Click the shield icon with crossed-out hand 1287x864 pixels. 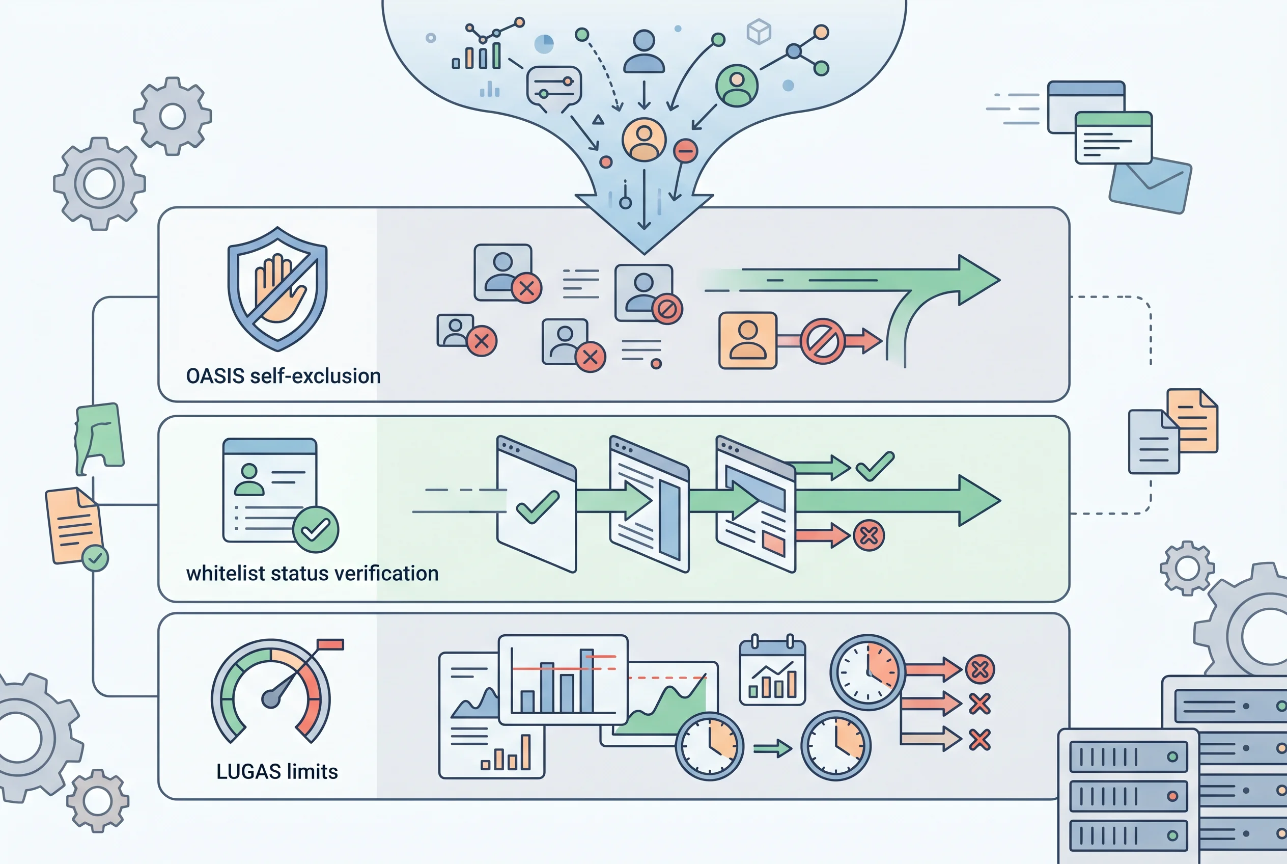tap(277, 289)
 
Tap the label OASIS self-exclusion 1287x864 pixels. tap(284, 376)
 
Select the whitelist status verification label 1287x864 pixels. tap(312, 573)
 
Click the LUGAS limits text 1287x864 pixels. tap(277, 771)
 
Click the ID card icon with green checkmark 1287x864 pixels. tap(281, 495)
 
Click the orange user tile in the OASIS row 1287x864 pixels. tap(747, 340)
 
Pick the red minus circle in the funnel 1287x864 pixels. tap(686, 150)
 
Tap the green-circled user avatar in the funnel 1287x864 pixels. tap(737, 86)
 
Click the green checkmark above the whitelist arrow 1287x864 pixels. tap(875, 466)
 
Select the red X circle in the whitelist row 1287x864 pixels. tap(869, 535)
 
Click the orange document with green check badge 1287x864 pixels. tap(76, 528)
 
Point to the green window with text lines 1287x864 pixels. tap(1113, 138)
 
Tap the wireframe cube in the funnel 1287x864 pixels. tap(759, 32)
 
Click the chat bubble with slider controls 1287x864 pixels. tap(553, 87)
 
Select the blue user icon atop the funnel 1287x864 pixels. tap(644, 51)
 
